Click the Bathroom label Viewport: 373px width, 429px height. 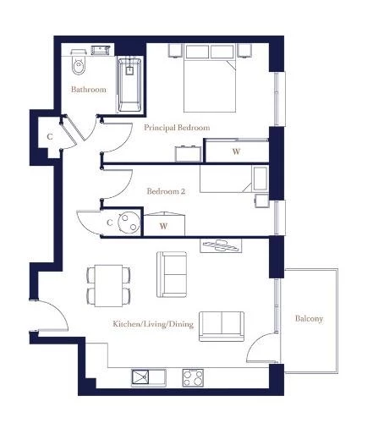click(x=89, y=90)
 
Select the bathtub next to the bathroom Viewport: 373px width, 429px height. click(x=129, y=85)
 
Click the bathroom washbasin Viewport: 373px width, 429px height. click(x=101, y=50)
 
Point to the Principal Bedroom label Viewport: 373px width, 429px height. click(x=177, y=128)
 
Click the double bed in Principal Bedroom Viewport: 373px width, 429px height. click(x=210, y=78)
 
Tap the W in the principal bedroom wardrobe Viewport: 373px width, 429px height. click(x=236, y=151)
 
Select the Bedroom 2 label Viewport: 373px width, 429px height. click(x=166, y=191)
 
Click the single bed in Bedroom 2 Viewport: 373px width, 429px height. click(x=234, y=179)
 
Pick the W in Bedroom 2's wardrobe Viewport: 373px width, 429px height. click(x=163, y=226)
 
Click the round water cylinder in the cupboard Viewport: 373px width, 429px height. click(x=129, y=223)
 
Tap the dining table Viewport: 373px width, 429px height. click(x=108, y=285)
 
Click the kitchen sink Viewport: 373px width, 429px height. click(x=149, y=378)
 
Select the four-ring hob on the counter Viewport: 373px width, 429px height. click(x=193, y=378)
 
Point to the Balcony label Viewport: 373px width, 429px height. click(x=309, y=319)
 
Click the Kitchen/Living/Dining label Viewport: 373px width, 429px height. click(x=153, y=324)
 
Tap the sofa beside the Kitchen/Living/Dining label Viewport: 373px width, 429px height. click(x=222, y=327)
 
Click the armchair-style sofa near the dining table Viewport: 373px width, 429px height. click(x=172, y=274)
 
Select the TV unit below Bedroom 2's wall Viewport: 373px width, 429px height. click(x=221, y=245)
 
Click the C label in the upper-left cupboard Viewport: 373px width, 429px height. click(x=50, y=137)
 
